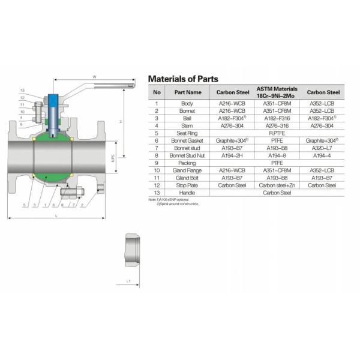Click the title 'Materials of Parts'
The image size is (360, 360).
tap(183, 79)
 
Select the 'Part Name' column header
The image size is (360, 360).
tap(188, 92)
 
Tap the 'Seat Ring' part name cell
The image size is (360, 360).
tap(188, 133)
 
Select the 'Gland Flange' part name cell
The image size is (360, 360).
tap(188, 170)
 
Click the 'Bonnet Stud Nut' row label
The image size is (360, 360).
tap(188, 155)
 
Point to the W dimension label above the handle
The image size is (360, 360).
tap(94, 77)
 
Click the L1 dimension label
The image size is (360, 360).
tap(128, 281)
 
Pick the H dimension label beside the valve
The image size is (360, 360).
tap(121, 122)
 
